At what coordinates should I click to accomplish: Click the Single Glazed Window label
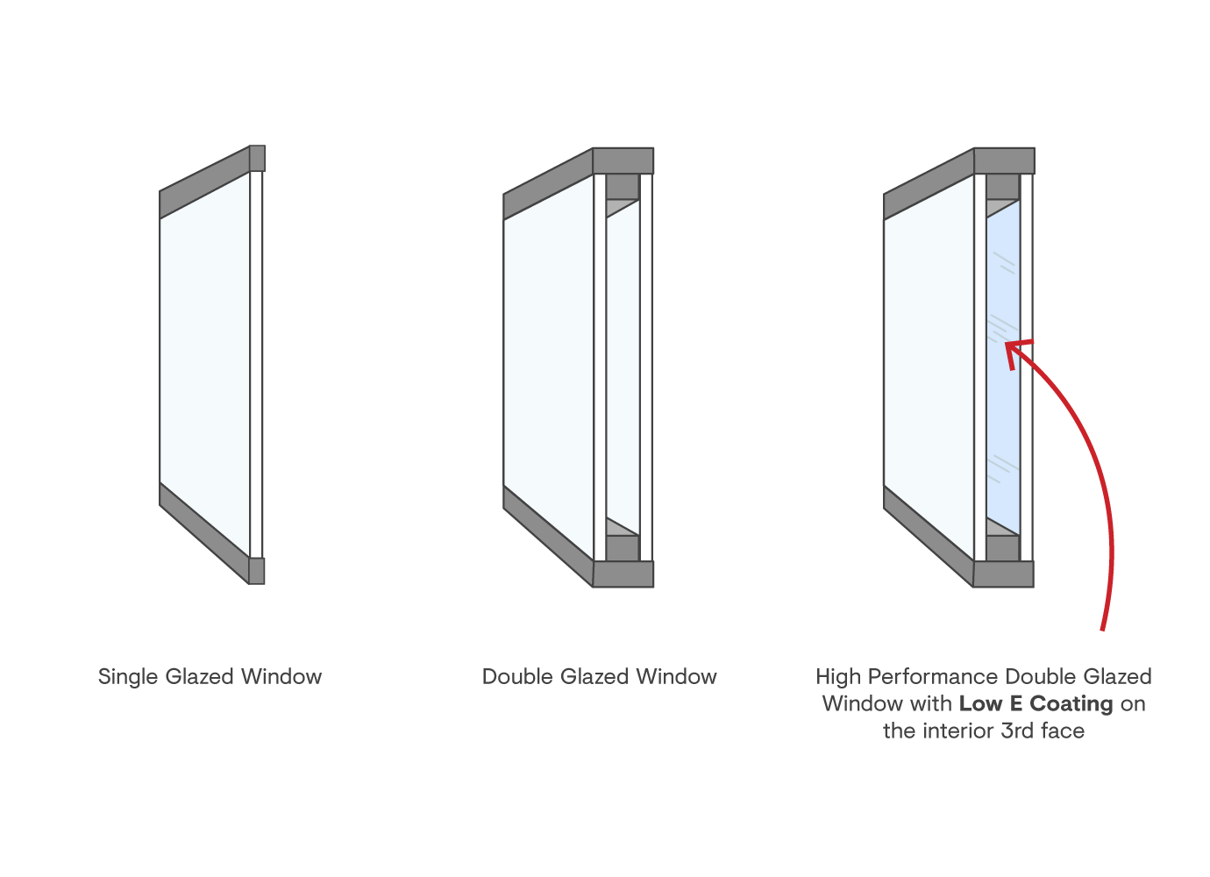210,677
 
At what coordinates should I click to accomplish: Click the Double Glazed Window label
599,677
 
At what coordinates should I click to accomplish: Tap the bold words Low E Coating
1036,704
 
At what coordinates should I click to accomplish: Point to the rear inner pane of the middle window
623,368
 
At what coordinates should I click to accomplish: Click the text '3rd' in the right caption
1018,731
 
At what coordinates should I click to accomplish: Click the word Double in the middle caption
517,677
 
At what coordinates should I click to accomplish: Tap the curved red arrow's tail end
1103,628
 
